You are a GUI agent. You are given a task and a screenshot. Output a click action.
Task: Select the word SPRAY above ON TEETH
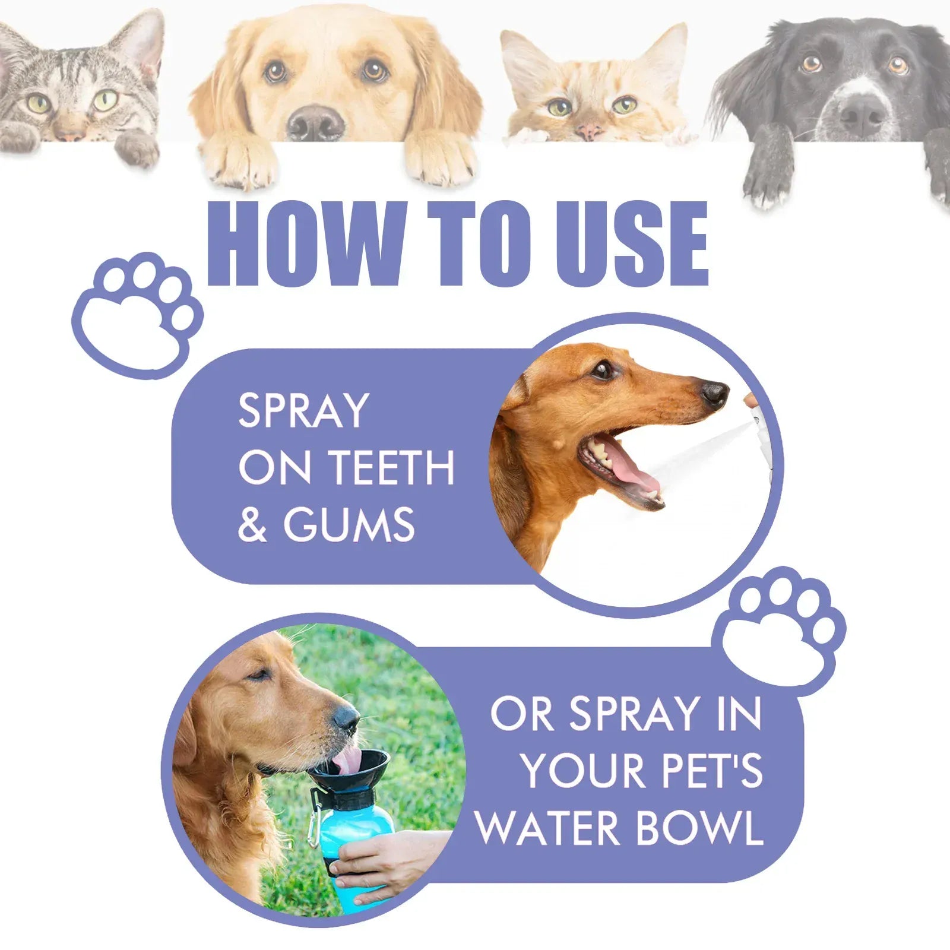coord(303,410)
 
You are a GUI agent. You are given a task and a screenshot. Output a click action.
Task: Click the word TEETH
coord(392,468)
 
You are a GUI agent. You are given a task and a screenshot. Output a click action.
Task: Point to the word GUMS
coord(349,525)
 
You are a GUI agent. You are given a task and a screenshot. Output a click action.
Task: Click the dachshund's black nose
coord(714,393)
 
